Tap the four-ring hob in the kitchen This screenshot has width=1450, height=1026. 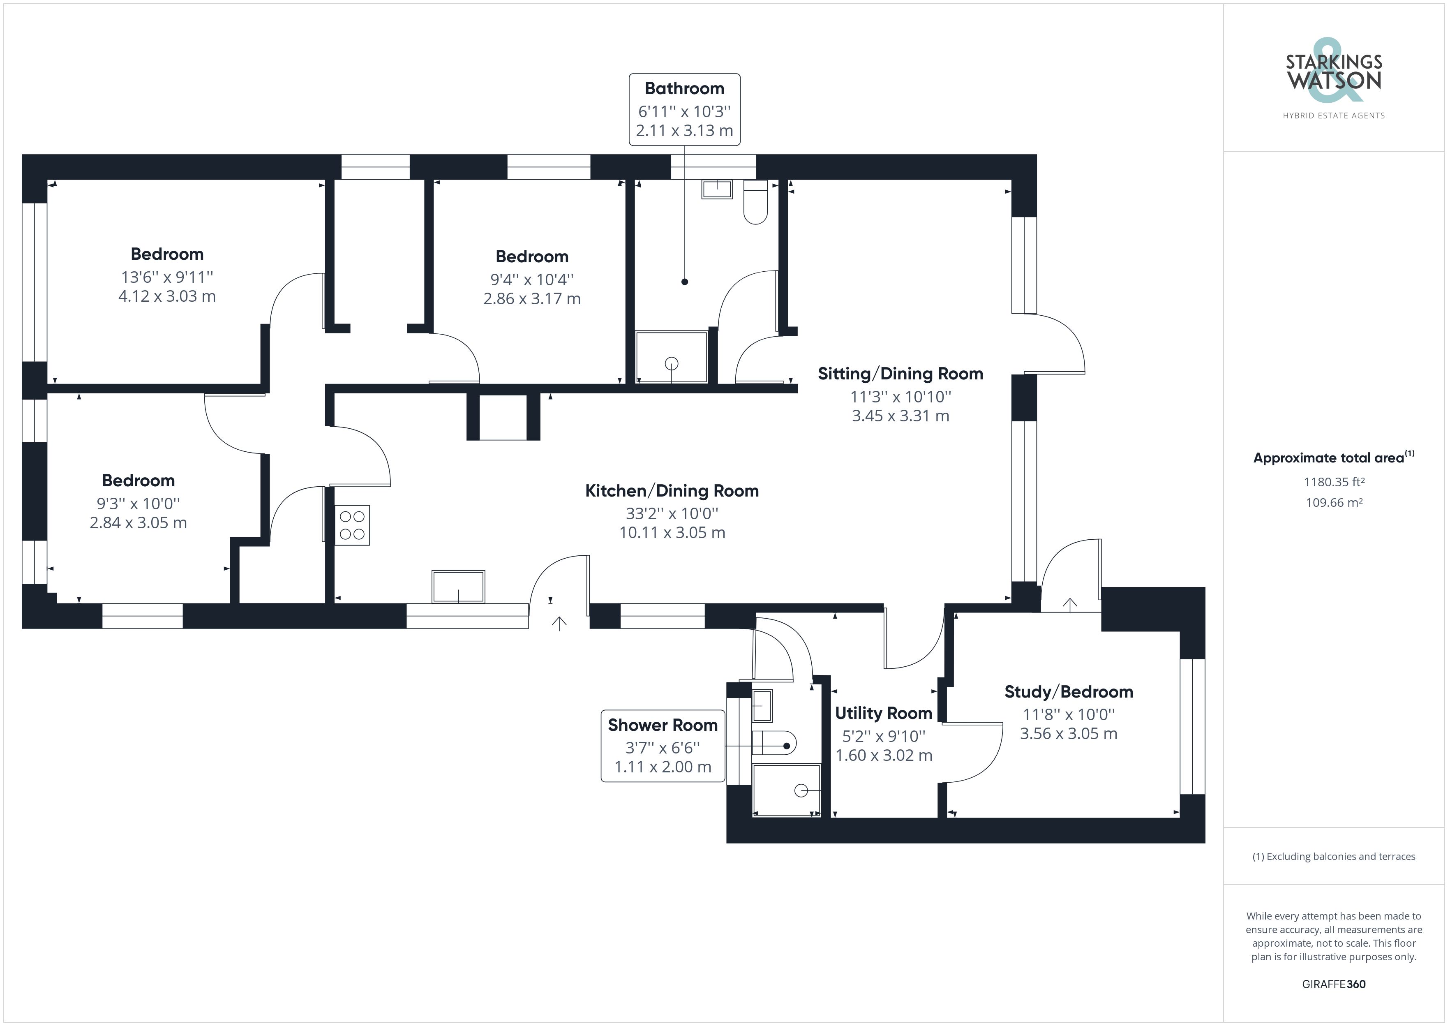[x=352, y=525]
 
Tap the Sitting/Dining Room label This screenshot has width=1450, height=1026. [x=900, y=374]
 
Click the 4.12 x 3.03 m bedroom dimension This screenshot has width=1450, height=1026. [x=167, y=296]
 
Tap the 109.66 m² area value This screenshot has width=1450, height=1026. [x=1334, y=503]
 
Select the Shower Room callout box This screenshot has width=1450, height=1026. [x=663, y=746]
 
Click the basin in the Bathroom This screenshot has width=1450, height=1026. [x=717, y=189]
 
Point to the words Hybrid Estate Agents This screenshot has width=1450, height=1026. [x=1333, y=116]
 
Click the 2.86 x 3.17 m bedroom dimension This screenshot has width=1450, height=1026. [x=532, y=299]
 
